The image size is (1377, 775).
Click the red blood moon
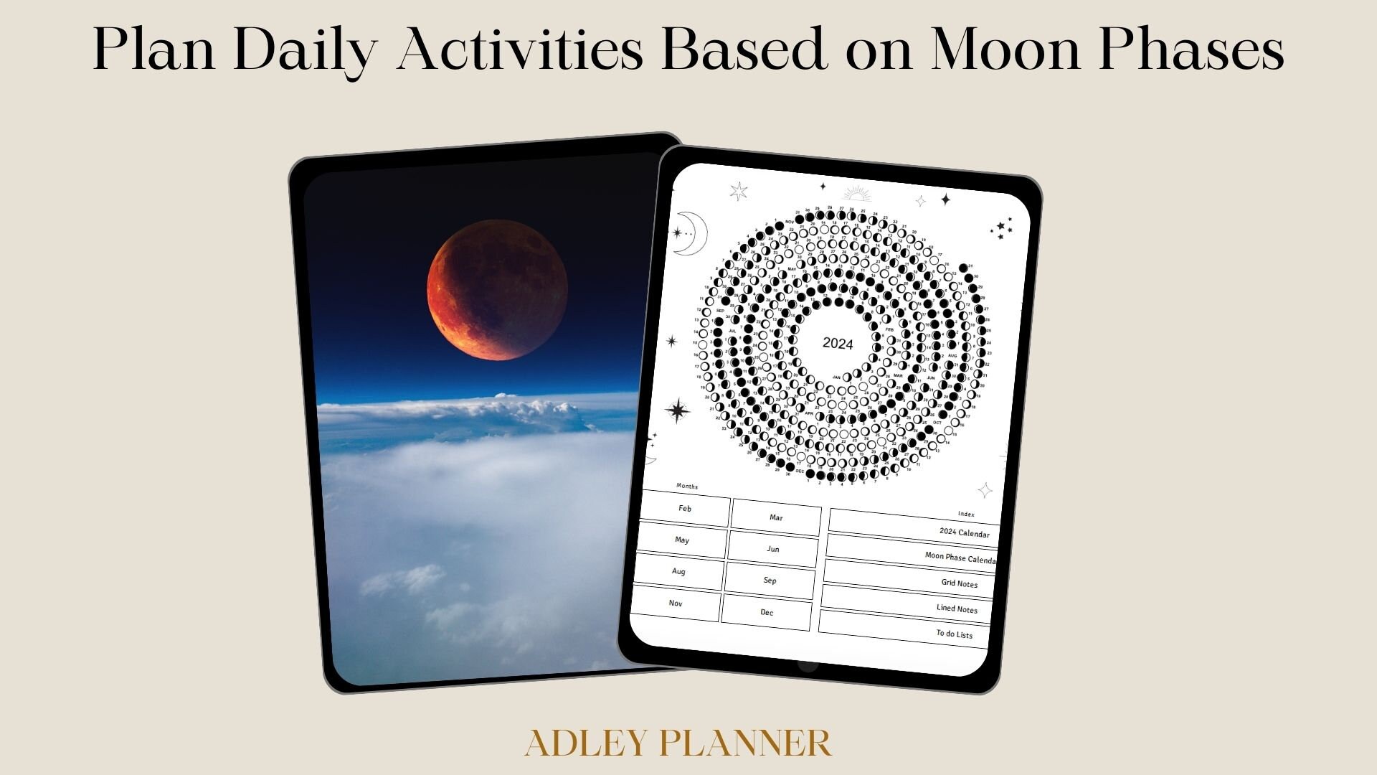point(497,290)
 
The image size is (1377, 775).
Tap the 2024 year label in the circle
point(837,343)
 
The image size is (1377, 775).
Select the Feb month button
point(685,509)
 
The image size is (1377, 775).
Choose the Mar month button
point(775,518)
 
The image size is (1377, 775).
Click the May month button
point(681,541)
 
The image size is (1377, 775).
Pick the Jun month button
point(772,550)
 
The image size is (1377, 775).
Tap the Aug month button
point(678,573)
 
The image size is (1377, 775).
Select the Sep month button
point(770,581)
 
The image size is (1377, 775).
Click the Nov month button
point(676,604)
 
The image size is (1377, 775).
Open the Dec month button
point(767,613)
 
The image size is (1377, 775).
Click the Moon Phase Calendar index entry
point(910,552)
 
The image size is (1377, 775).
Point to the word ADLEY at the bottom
point(586,743)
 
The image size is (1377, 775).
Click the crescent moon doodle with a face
point(690,233)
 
